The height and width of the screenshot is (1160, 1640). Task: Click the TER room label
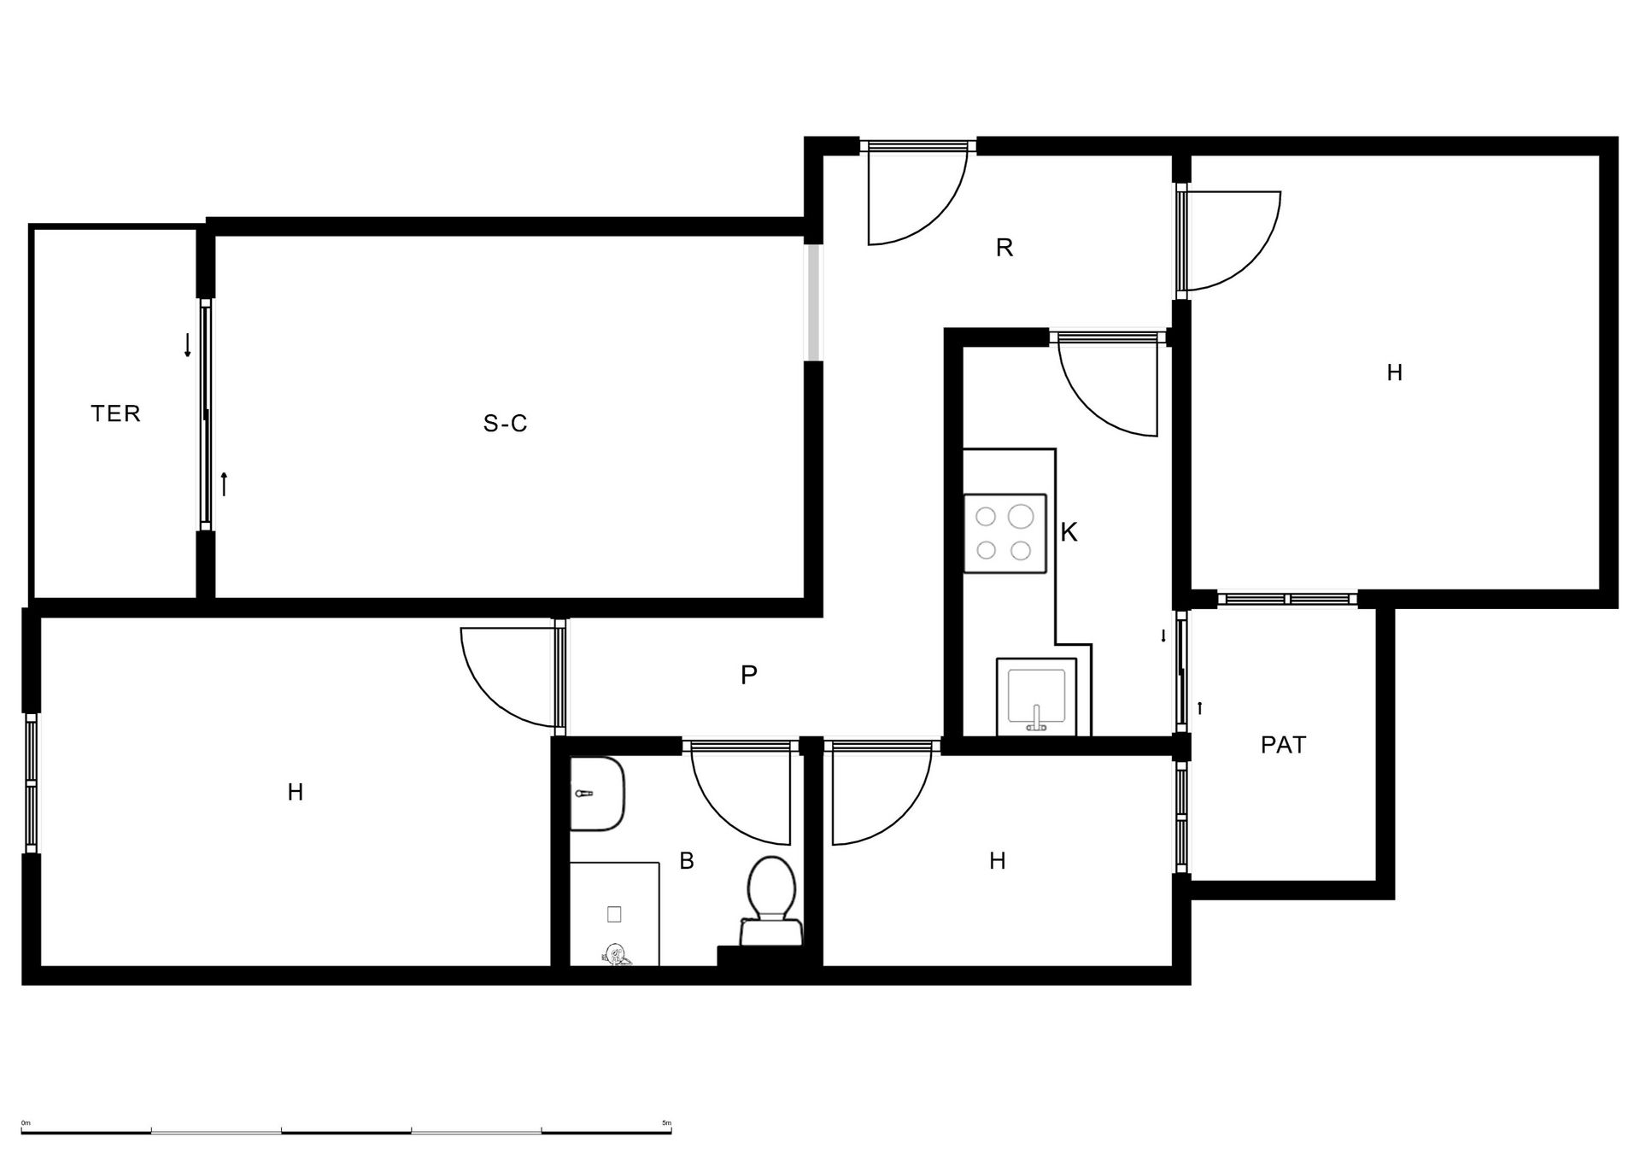tap(115, 413)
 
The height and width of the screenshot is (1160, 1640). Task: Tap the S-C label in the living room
tap(506, 423)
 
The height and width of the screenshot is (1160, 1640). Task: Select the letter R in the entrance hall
tap(1004, 248)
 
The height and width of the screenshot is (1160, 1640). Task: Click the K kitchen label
tap(1069, 532)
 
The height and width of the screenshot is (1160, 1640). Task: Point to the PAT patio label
tap(1283, 745)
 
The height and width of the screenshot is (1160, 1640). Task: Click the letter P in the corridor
tap(748, 675)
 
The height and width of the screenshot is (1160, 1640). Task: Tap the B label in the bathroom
tap(686, 861)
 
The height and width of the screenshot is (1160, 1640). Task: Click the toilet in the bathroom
tap(771, 901)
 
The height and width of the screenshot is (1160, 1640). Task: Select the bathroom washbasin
tap(597, 794)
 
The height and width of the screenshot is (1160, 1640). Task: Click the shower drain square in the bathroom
tap(613, 914)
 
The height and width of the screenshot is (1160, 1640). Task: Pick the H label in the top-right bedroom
tap(1394, 372)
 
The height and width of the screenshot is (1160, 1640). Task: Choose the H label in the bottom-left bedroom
tap(295, 793)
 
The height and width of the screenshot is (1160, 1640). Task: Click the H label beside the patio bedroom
tap(997, 861)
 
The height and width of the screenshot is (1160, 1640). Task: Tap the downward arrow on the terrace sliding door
tap(187, 344)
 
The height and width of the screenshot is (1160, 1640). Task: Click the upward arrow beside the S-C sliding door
tap(224, 483)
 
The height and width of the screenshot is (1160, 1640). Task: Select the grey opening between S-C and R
tap(814, 302)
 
